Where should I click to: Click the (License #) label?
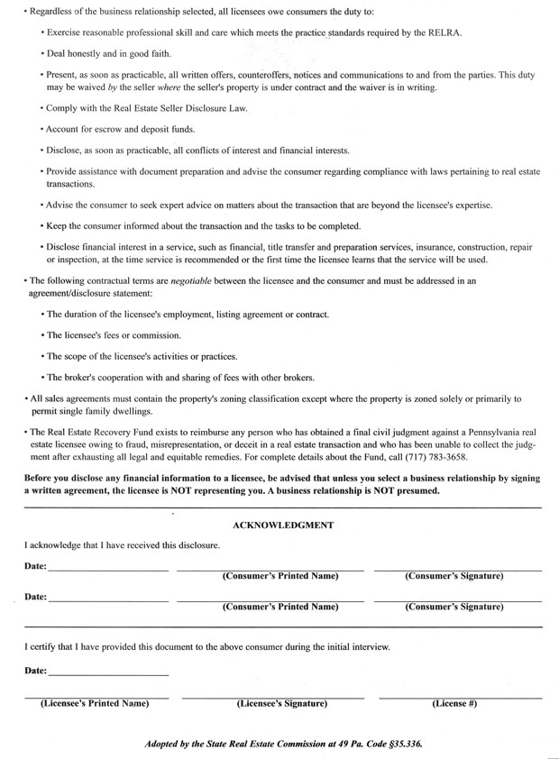click(x=454, y=703)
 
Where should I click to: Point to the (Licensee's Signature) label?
click(x=281, y=703)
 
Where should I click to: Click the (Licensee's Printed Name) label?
click(x=95, y=703)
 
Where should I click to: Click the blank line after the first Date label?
click(x=108, y=570)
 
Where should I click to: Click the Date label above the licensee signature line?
click(x=35, y=671)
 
